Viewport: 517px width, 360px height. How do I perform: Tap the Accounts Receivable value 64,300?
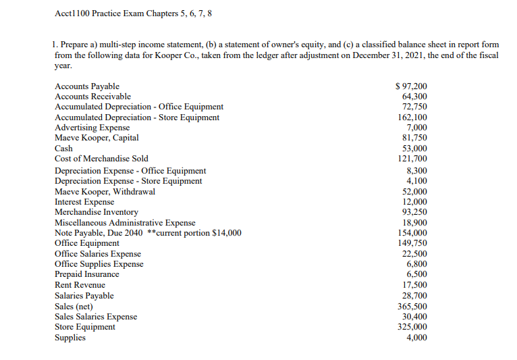click(x=413, y=97)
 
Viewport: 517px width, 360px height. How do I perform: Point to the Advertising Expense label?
click(x=92, y=127)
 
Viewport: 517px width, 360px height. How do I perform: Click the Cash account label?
click(x=63, y=149)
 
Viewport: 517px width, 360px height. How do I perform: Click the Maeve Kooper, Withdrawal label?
click(x=105, y=191)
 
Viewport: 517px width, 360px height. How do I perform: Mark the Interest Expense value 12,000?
click(x=413, y=202)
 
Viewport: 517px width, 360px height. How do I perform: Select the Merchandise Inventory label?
click(x=96, y=212)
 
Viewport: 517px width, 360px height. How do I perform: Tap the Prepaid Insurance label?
click(x=86, y=274)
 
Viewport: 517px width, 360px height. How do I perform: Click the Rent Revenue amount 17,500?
click(x=413, y=285)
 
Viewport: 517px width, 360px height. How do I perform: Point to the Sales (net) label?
click(x=74, y=306)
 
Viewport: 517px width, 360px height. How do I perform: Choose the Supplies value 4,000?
click(x=416, y=337)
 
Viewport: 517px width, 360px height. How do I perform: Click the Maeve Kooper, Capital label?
click(x=97, y=138)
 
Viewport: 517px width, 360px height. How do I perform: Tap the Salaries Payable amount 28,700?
click(x=413, y=296)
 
